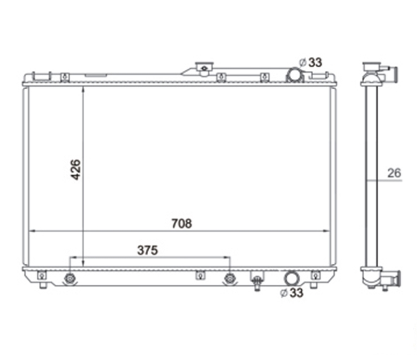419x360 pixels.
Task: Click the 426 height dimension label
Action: click(76, 170)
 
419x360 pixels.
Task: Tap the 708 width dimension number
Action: click(182, 223)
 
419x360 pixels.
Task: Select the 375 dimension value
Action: click(148, 250)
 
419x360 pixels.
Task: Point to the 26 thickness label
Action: click(394, 173)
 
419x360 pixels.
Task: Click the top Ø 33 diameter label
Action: click(311, 62)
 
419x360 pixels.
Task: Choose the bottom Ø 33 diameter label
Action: click(291, 293)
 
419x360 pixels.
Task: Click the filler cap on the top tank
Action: click(205, 67)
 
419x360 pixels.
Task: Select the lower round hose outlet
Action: click(291, 278)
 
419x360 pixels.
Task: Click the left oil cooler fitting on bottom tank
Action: click(70, 279)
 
